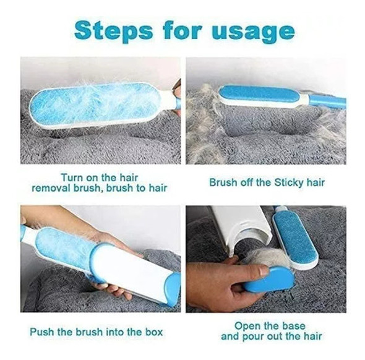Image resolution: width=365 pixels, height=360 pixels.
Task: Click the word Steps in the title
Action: click(x=114, y=31)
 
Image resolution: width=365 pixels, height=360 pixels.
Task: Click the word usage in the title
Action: click(x=253, y=32)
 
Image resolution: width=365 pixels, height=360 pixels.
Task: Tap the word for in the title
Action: click(x=182, y=30)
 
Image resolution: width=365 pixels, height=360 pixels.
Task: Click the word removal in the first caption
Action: click(x=51, y=188)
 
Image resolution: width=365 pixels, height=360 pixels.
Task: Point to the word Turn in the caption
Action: click(x=72, y=178)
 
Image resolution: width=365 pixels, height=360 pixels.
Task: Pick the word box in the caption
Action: click(x=154, y=332)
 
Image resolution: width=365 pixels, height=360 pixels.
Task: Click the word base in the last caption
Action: click(x=293, y=325)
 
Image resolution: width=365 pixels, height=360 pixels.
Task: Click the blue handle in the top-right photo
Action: click(x=328, y=101)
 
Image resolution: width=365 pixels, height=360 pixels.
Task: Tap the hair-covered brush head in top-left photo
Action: click(x=95, y=103)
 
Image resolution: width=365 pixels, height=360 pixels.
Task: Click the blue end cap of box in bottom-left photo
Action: click(x=173, y=289)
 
